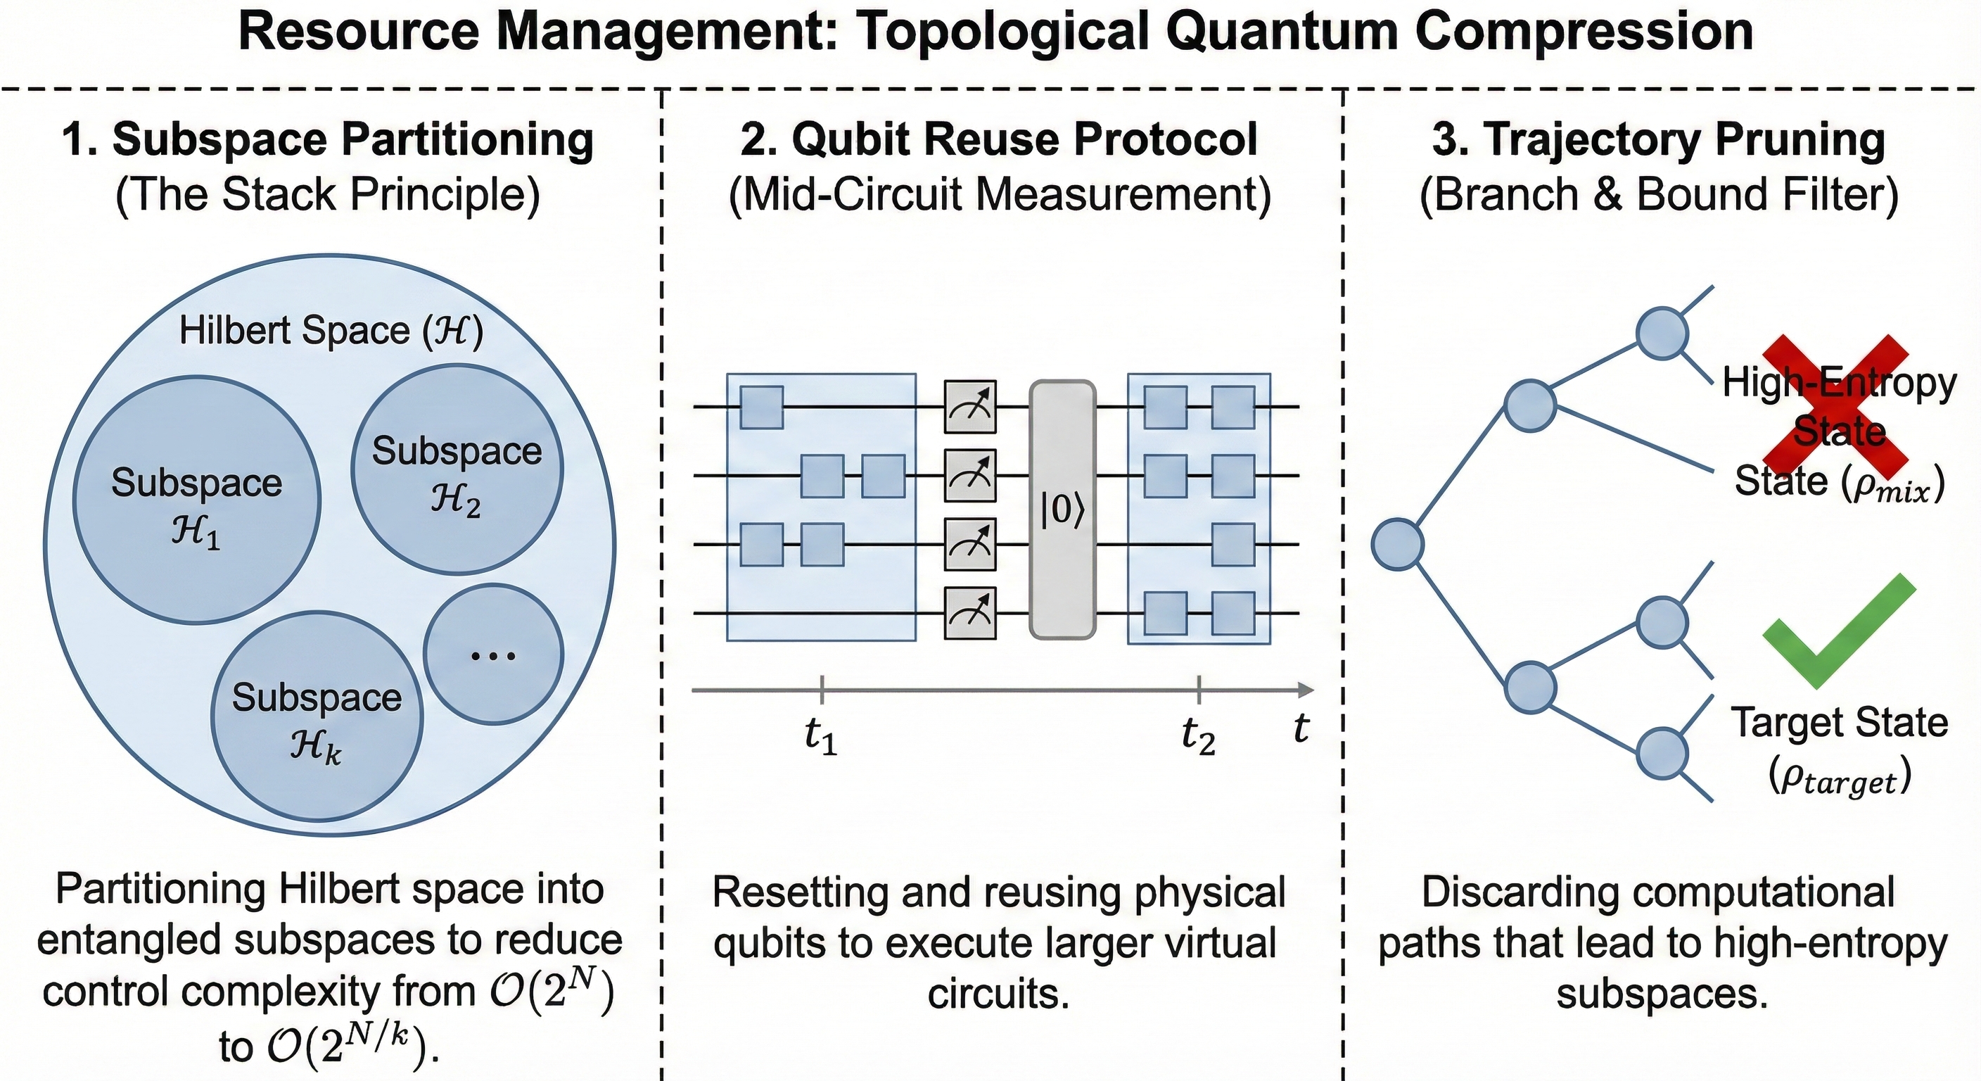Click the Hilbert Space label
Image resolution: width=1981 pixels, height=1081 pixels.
[331, 331]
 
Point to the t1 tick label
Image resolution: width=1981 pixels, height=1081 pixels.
[820, 736]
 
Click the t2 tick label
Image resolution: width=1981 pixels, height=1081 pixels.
[1198, 736]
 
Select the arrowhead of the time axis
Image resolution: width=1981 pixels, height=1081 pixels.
[1305, 690]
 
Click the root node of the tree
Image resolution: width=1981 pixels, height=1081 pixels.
[1397, 544]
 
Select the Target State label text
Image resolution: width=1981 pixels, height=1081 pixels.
[1839, 723]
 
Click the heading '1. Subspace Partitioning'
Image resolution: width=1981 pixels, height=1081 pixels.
[328, 140]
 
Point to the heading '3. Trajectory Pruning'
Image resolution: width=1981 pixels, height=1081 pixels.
[1659, 140]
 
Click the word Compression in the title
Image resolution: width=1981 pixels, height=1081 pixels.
[1584, 32]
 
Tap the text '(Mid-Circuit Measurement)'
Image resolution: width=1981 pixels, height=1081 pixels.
[999, 195]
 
